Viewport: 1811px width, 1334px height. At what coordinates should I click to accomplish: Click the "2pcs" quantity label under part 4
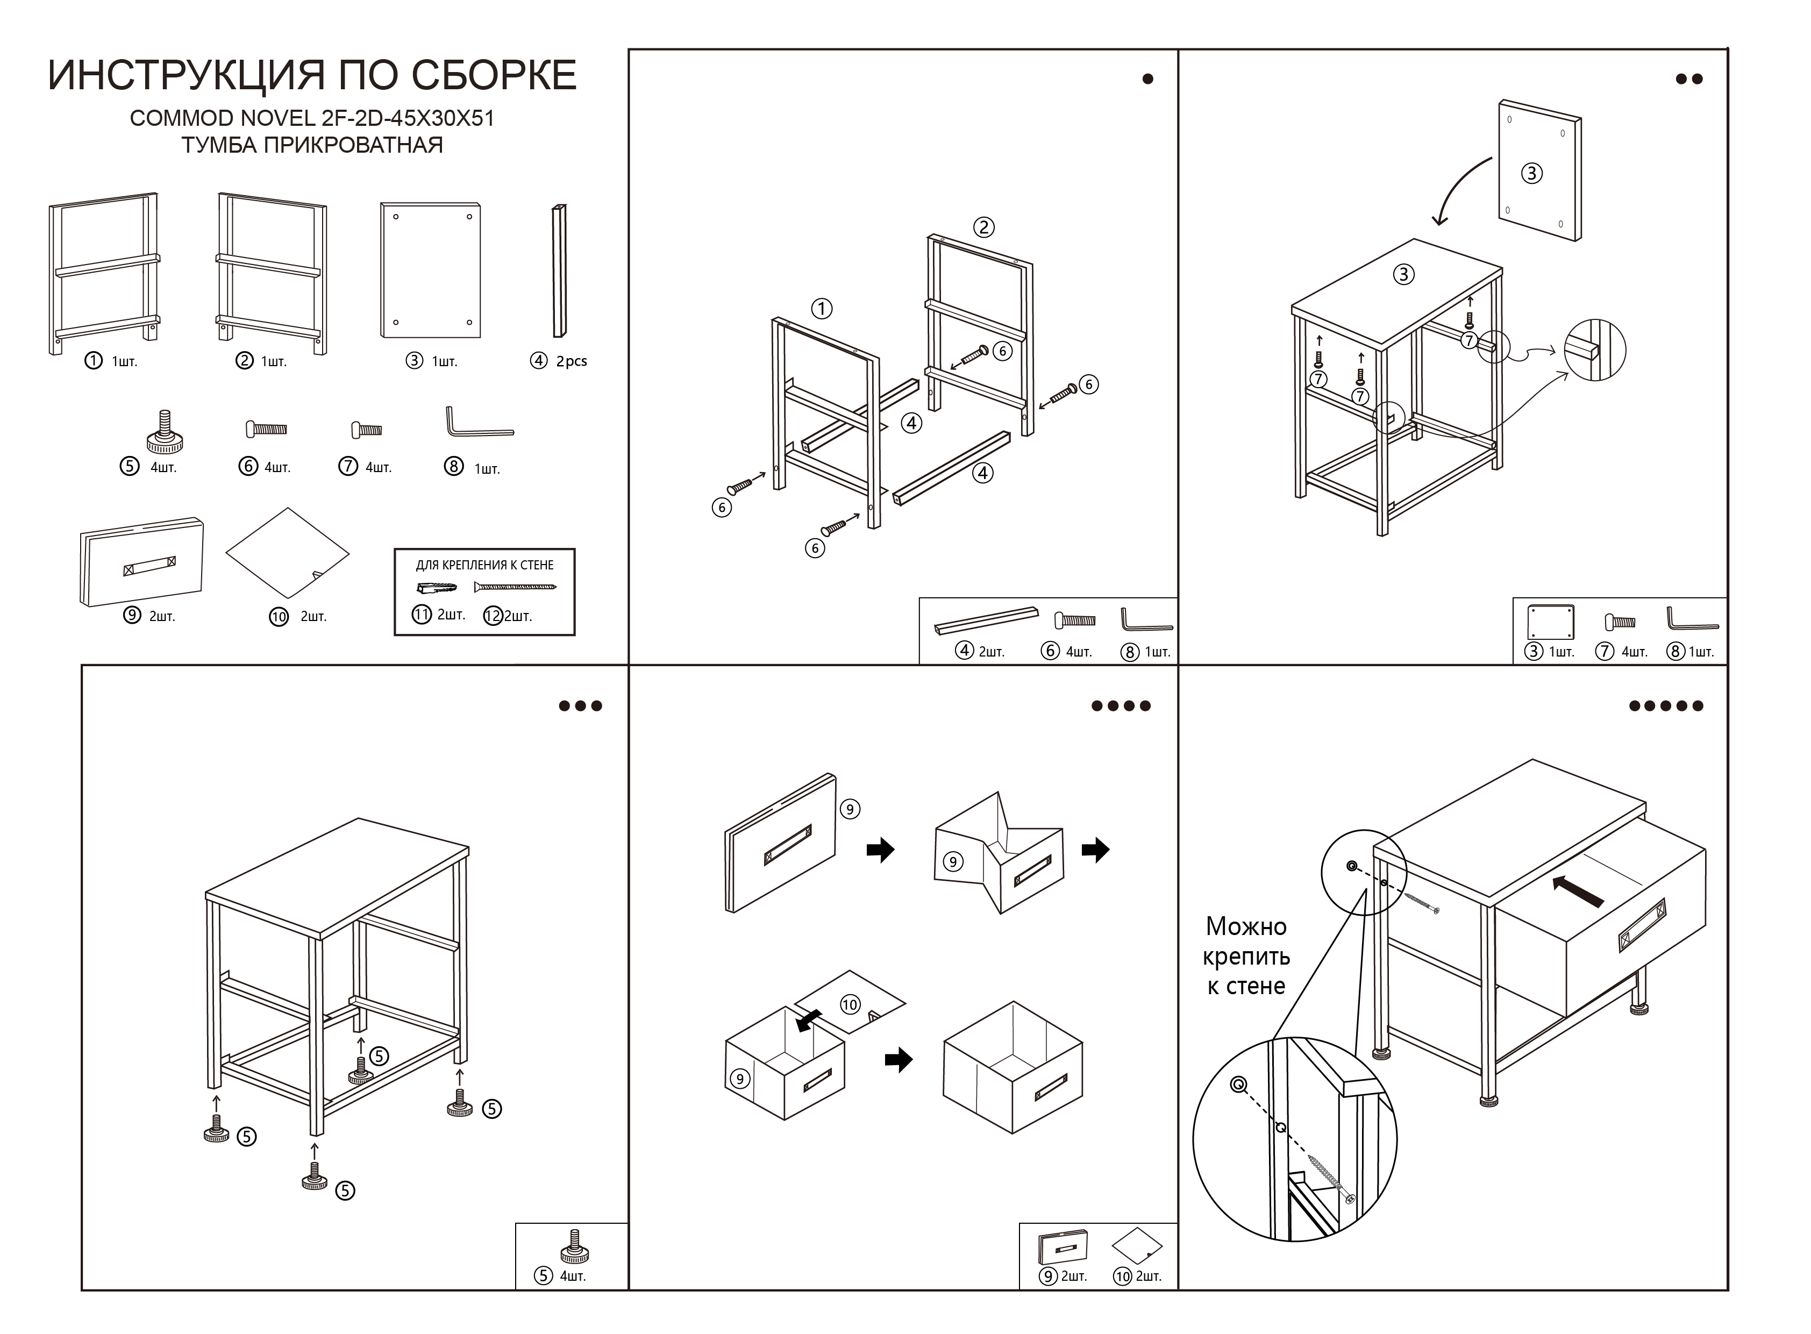coord(571,362)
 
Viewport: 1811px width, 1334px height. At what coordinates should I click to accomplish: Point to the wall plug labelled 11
coord(437,587)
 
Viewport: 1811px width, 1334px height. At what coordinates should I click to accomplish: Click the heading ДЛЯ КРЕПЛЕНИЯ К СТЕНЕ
coord(484,565)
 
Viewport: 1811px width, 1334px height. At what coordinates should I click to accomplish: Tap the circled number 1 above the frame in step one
coord(821,309)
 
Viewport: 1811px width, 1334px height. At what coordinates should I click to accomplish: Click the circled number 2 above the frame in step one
coord(983,228)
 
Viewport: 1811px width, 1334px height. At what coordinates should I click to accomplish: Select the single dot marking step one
coord(1147,79)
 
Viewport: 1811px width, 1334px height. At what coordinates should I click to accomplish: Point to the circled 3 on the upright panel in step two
coord(1531,174)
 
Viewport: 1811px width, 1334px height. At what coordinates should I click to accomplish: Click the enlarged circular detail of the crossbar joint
coord(1595,351)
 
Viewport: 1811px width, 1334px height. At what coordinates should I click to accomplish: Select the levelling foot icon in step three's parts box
coord(574,1247)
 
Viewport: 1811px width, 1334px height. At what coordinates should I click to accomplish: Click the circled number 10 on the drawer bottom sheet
coord(850,1004)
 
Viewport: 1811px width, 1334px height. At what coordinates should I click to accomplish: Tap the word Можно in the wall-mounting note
coord(1246,926)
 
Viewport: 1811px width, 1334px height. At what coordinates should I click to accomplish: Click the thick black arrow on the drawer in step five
coord(1579,891)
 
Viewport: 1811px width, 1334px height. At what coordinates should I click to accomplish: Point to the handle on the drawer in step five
coord(1642,925)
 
